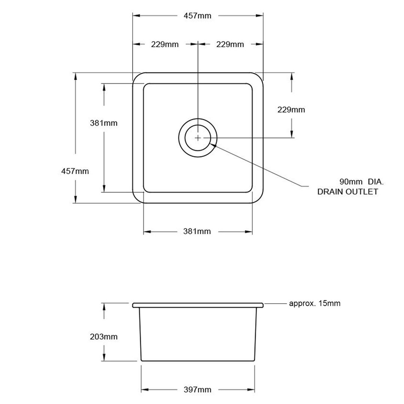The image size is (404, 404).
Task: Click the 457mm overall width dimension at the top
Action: coord(197,16)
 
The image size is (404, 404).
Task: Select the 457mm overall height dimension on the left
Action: coord(75,171)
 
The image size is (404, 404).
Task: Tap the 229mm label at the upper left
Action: coord(165,44)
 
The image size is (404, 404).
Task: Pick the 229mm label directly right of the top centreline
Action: coord(230,44)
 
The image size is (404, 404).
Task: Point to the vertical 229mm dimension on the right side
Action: coord(291,110)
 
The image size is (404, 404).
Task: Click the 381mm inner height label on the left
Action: coord(104,122)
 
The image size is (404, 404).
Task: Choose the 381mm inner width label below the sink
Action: coord(197,231)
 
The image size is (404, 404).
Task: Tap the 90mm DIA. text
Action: coord(361,182)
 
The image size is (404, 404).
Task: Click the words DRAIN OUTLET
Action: coord(347,192)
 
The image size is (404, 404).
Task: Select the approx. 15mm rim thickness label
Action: coord(315,303)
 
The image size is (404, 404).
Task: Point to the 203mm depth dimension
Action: coord(104,337)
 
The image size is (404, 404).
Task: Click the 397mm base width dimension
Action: coord(197,390)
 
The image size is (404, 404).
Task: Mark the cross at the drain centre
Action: coord(198,138)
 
